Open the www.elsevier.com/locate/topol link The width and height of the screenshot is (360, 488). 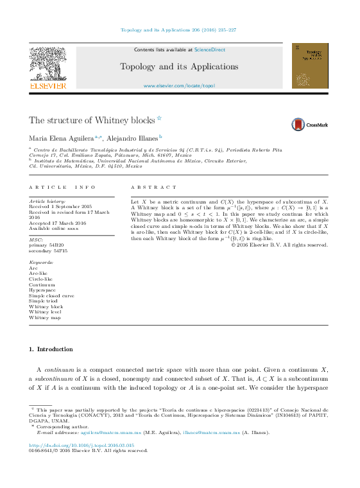179,85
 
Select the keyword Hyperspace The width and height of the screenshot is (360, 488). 43,290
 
